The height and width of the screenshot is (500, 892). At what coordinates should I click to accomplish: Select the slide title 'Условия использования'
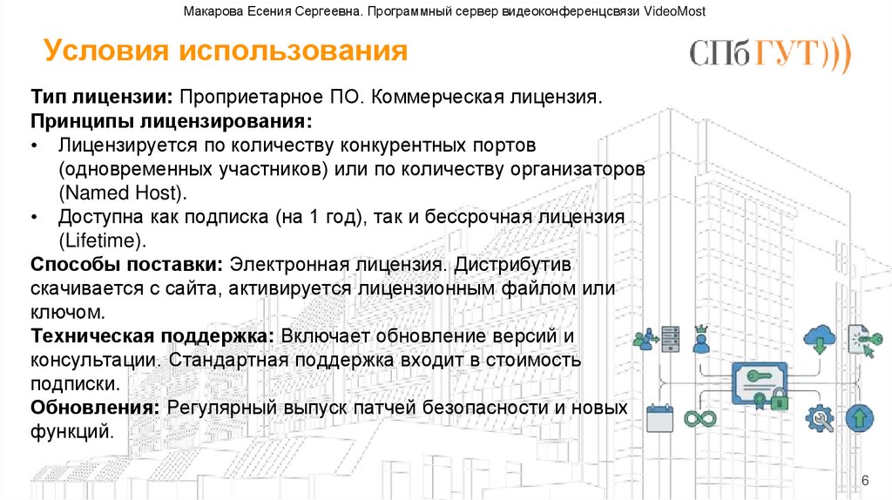pyautogui.click(x=226, y=51)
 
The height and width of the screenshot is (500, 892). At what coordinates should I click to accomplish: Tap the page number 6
pyautogui.click(x=865, y=482)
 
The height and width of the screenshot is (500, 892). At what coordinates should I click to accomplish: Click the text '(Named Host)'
pyautogui.click(x=122, y=192)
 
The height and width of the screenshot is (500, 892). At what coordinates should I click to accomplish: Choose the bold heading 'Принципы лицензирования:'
pyautogui.click(x=172, y=119)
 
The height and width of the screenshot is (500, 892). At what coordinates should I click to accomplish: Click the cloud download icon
pyautogui.click(x=820, y=338)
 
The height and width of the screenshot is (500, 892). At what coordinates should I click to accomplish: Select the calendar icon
pyautogui.click(x=659, y=419)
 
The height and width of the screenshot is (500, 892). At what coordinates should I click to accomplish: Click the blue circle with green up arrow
pyautogui.click(x=859, y=418)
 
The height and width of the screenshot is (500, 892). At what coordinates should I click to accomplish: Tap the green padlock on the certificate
pyautogui.click(x=779, y=400)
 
